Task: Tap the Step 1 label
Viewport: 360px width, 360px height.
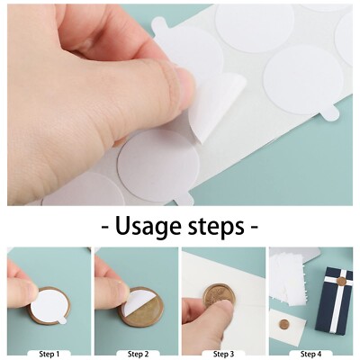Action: (47, 354)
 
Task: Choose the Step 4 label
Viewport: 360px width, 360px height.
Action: (310, 354)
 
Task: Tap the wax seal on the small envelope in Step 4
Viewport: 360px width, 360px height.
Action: (285, 323)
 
